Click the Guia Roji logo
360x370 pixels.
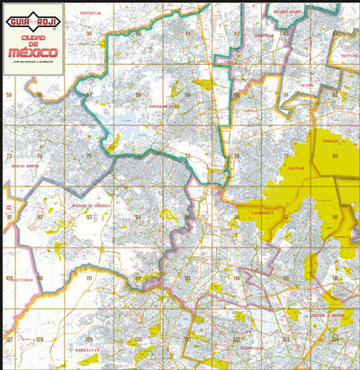[x=32, y=14]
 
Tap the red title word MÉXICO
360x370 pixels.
[x=32, y=51]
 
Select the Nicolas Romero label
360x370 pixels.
[x=24, y=167]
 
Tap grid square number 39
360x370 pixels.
[x=89, y=33]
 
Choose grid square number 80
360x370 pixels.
[x=335, y=156]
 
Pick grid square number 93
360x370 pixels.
[x=89, y=217]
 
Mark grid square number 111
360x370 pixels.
[x=89, y=278]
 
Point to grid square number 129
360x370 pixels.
[x=89, y=339]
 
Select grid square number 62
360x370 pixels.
[x=334, y=95]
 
